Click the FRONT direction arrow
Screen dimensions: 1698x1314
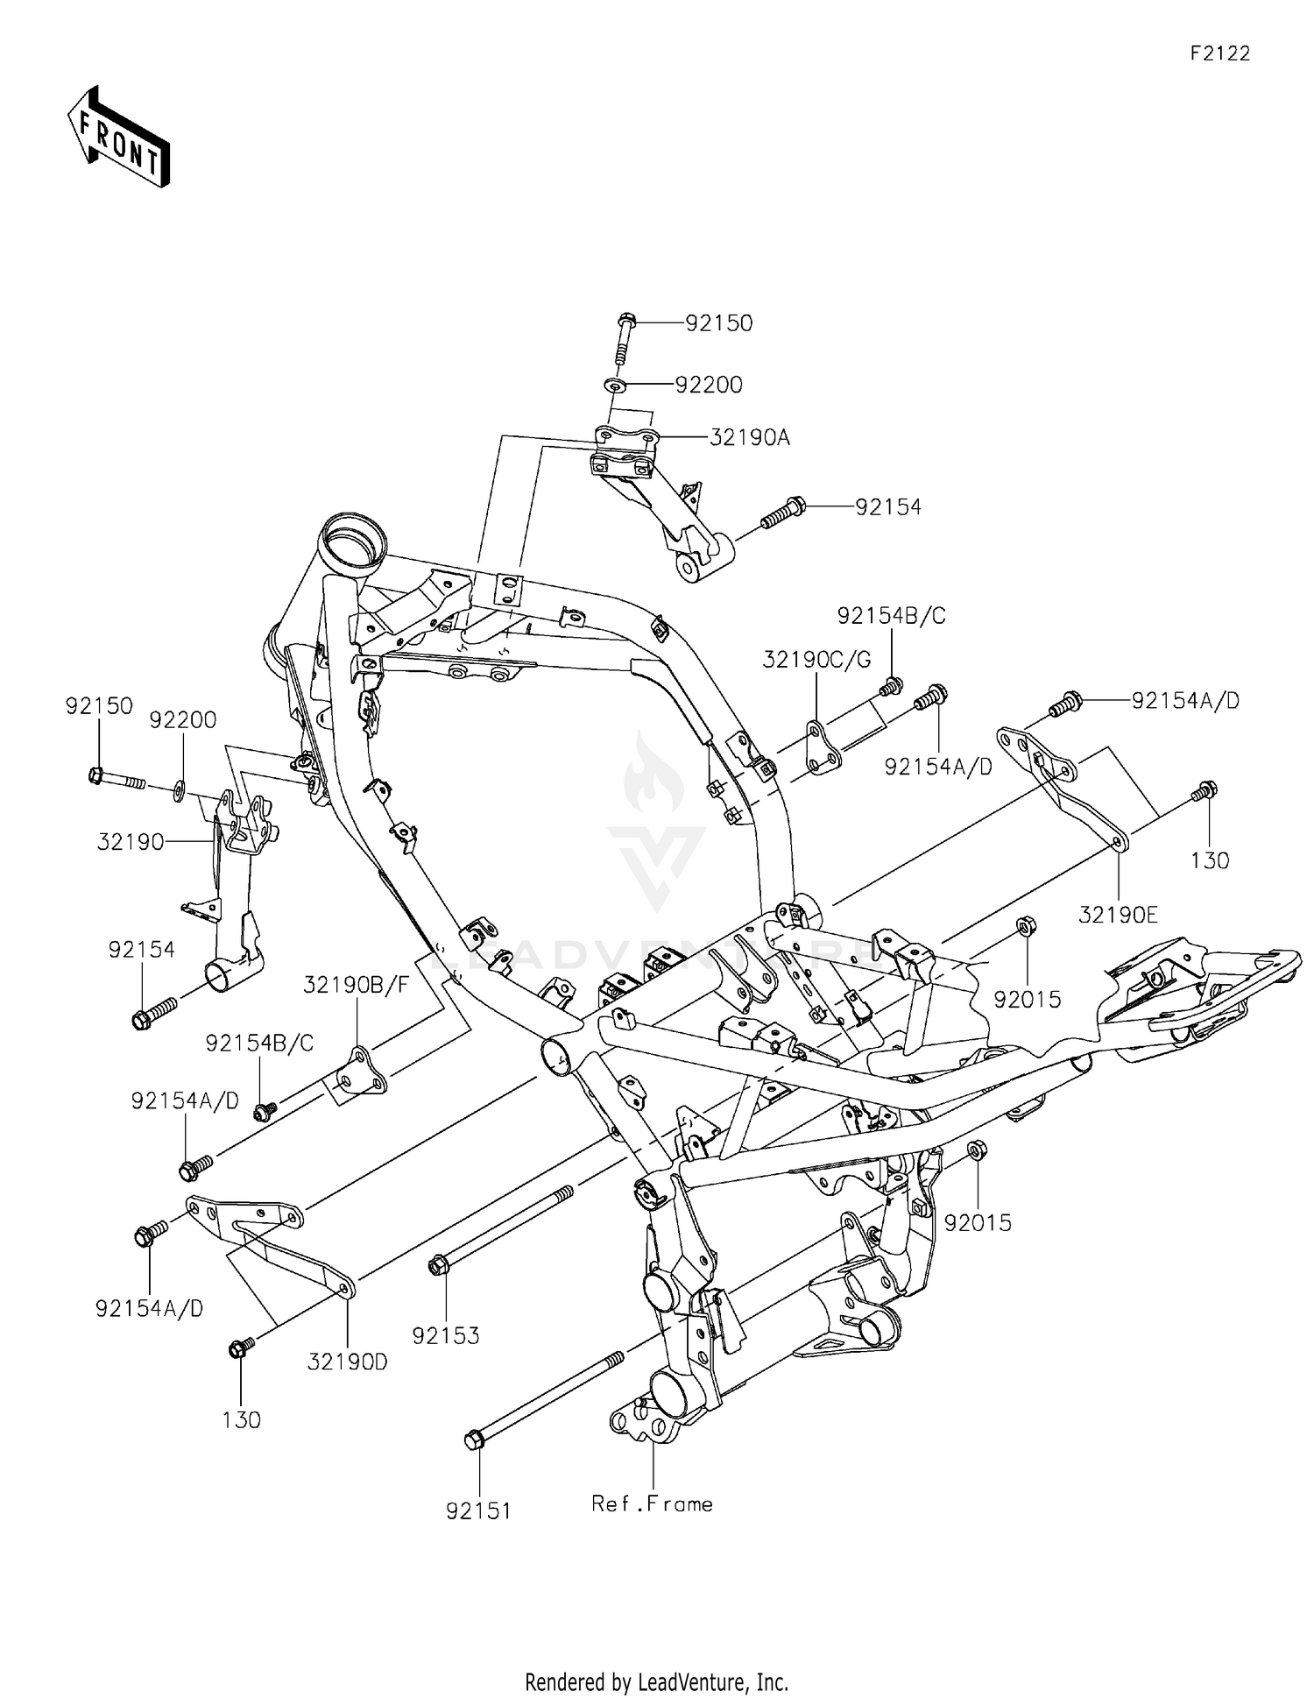118,137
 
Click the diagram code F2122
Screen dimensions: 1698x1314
1219,53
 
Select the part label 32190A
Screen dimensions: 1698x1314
749,437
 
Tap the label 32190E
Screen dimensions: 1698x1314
1118,916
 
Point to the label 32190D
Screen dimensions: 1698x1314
348,1362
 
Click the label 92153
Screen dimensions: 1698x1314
446,1335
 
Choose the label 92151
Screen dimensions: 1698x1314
478,1511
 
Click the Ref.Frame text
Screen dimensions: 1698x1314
652,1504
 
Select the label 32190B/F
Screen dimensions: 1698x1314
357,984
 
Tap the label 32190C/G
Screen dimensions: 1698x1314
816,660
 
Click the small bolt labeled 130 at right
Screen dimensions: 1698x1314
1205,789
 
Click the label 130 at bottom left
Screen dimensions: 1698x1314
241,1419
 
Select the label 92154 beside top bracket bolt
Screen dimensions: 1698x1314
888,507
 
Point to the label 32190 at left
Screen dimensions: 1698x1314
131,842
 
